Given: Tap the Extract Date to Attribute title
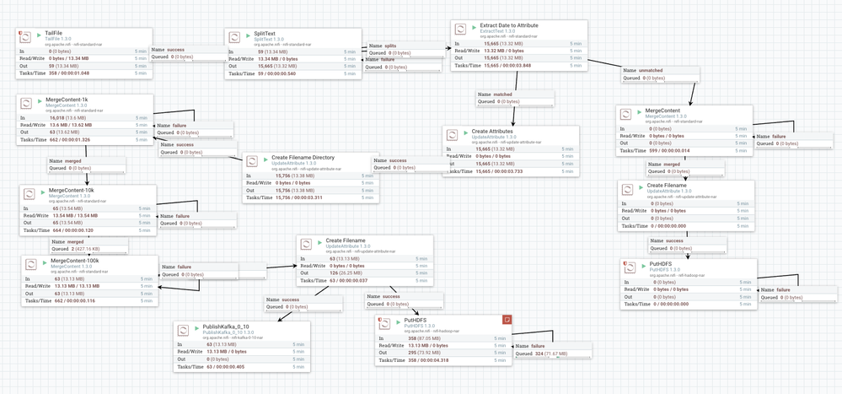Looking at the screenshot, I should [x=509, y=25].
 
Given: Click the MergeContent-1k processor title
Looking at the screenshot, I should [x=73, y=100].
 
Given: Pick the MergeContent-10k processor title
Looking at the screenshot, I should [x=72, y=190].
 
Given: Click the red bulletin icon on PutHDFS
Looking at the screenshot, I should [x=507, y=319].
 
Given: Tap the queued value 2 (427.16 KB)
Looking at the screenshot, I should [x=78, y=250].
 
